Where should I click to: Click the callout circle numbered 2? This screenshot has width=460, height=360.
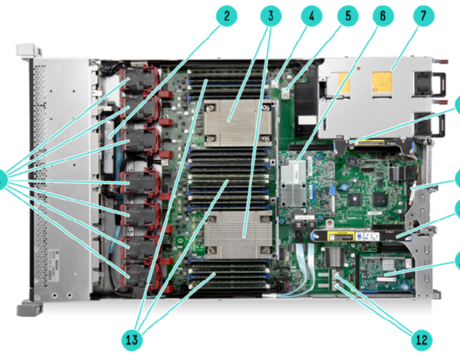pyautogui.click(x=225, y=15)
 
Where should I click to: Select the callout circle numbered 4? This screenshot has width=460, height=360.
pyautogui.click(x=310, y=15)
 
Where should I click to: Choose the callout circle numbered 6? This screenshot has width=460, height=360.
pyautogui.click(x=384, y=15)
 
